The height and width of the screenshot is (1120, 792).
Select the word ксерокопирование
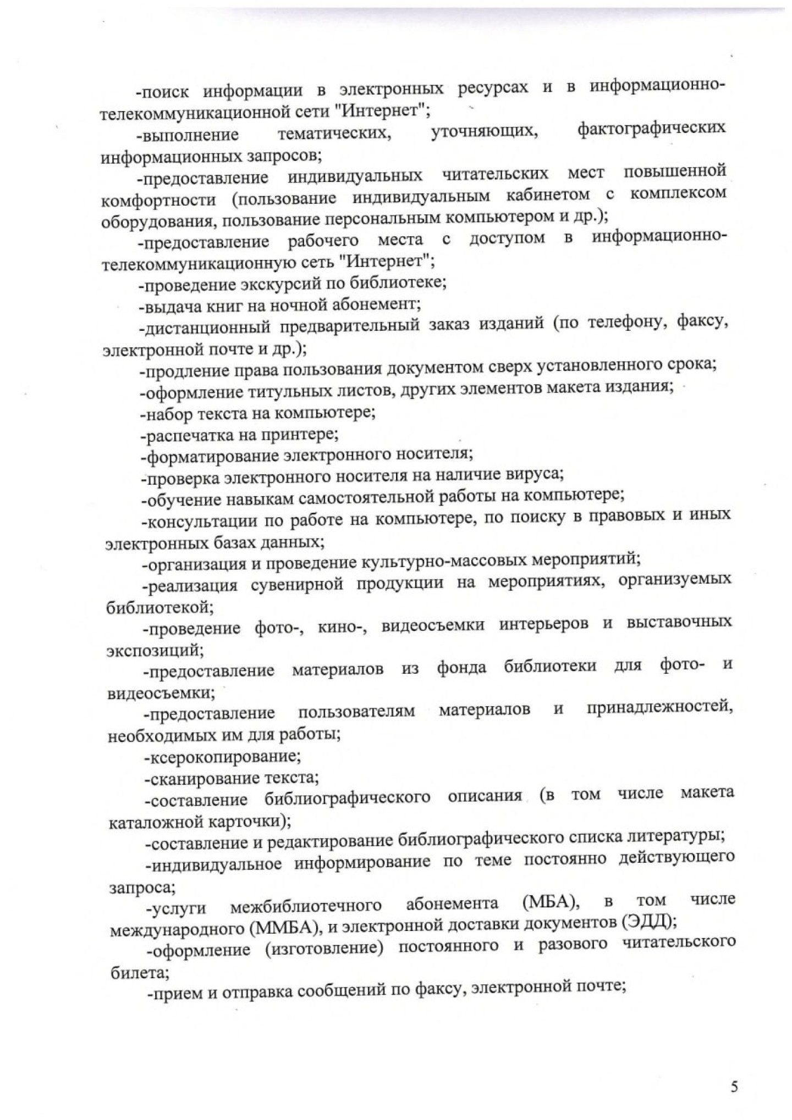click(223, 757)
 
